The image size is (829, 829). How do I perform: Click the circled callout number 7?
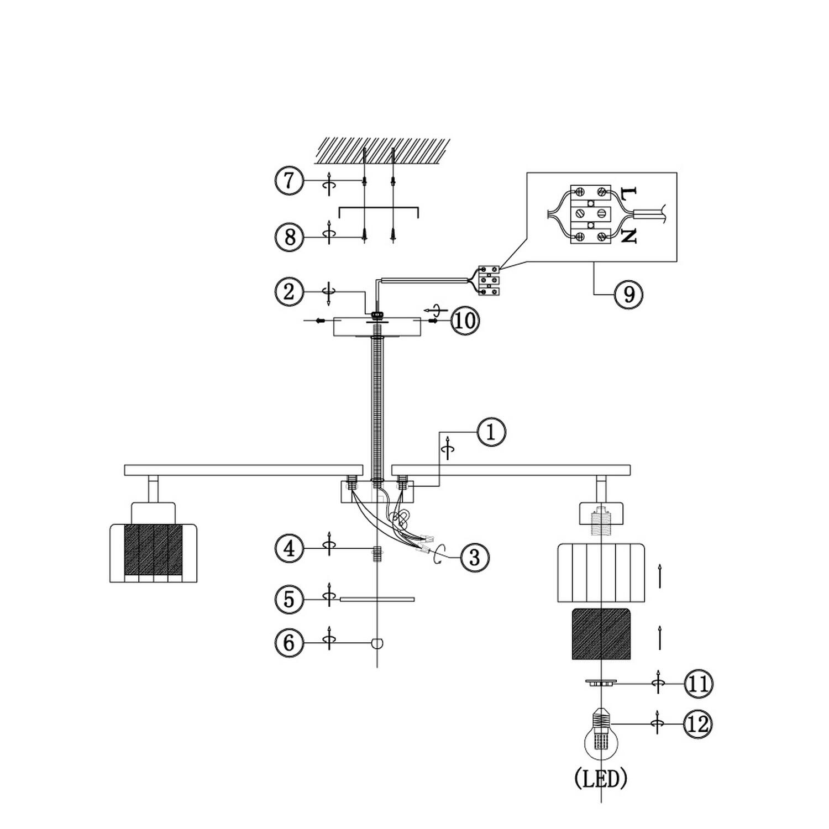[x=290, y=181]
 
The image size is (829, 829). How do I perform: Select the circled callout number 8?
[x=290, y=237]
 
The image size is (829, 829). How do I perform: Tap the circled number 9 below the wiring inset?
[x=629, y=294]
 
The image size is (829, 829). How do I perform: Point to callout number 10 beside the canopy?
[x=466, y=321]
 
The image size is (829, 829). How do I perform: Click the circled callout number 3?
[x=474, y=557]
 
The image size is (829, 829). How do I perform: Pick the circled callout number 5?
[x=290, y=599]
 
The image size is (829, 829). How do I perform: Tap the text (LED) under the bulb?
[x=601, y=779]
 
